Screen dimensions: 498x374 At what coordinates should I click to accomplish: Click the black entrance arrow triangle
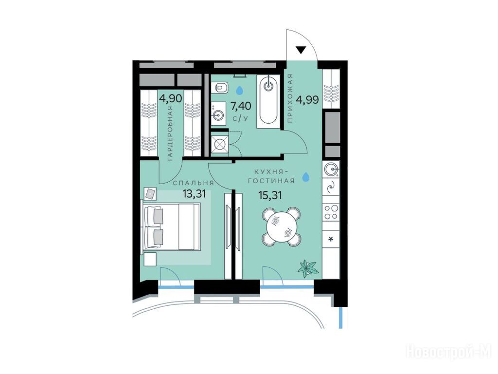[x=301, y=50]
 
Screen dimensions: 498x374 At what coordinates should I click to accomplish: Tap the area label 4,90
[x=171, y=98]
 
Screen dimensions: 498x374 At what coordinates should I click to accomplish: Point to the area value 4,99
[x=307, y=100]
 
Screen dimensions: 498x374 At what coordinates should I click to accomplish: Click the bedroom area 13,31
[x=195, y=193]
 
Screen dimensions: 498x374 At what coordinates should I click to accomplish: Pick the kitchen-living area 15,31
[x=270, y=195]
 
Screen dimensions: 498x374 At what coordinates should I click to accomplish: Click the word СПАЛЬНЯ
[x=194, y=183]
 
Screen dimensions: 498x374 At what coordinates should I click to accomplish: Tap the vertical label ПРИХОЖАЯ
[x=290, y=98]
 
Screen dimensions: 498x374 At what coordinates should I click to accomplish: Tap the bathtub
[x=268, y=101]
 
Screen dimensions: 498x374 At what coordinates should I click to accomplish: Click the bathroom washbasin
[x=218, y=112]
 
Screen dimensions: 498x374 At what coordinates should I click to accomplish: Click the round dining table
[x=281, y=226]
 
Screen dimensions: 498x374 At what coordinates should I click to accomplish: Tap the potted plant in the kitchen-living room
[x=307, y=268]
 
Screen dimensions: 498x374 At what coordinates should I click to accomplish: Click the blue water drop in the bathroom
[x=240, y=90]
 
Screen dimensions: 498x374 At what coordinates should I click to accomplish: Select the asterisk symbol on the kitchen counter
[x=331, y=239]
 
